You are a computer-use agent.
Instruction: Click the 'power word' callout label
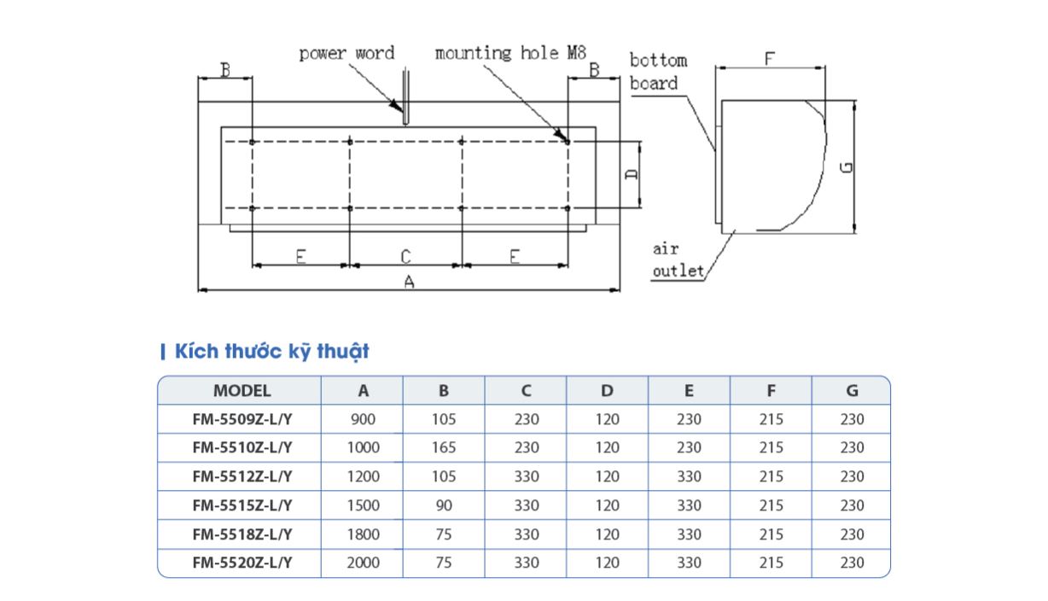(x=346, y=54)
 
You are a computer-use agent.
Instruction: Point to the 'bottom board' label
(x=658, y=72)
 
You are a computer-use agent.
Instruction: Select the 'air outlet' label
(x=678, y=260)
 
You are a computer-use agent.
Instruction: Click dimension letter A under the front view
(x=409, y=282)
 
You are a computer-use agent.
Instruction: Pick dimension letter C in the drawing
(x=405, y=255)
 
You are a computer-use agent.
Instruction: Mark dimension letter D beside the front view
(x=632, y=174)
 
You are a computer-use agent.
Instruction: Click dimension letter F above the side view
(x=769, y=60)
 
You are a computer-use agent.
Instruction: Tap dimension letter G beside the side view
(x=846, y=166)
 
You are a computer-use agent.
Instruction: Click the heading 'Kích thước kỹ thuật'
(x=271, y=351)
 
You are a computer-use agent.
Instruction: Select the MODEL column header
(x=242, y=391)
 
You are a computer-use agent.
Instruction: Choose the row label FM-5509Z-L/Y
(x=242, y=419)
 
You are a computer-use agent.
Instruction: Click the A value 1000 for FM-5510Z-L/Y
(x=364, y=447)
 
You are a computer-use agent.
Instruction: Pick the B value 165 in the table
(x=444, y=447)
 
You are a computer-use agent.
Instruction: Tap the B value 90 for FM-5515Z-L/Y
(x=444, y=505)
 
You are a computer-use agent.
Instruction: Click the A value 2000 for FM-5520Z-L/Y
(x=364, y=563)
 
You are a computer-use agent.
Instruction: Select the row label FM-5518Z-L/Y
(x=242, y=534)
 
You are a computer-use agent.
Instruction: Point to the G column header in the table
(x=852, y=391)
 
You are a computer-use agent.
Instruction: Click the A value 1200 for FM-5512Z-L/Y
(x=364, y=476)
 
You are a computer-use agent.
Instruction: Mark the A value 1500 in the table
(x=364, y=505)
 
